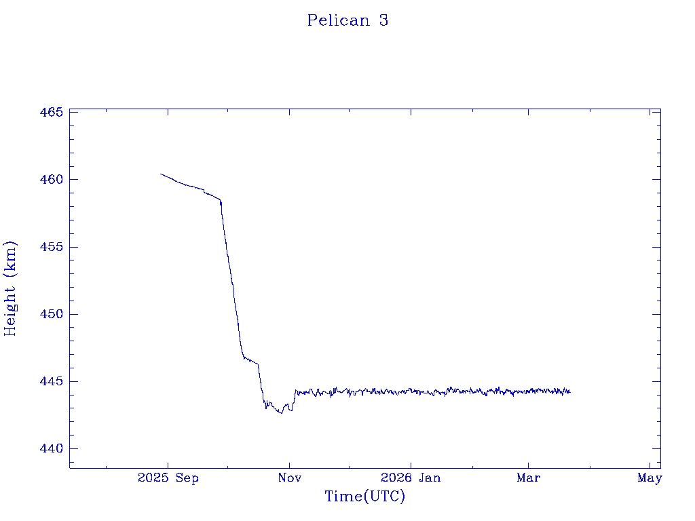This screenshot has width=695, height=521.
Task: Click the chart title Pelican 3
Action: coord(347,20)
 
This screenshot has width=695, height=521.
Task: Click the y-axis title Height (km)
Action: coord(10,288)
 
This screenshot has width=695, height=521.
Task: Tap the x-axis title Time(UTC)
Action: coord(364,497)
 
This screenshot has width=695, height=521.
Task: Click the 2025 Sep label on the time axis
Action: coord(168,478)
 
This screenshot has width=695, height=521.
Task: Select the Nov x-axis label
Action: coord(289,478)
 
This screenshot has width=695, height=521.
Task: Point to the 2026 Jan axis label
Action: coord(411,478)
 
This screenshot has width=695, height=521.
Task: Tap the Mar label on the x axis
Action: coord(529,478)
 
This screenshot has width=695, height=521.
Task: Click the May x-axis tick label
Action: coord(650,478)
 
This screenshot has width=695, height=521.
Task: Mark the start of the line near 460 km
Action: coord(161,174)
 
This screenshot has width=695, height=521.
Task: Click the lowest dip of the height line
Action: coord(281,413)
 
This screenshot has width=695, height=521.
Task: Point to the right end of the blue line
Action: coord(570,391)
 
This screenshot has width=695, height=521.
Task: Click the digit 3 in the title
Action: coord(383,20)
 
